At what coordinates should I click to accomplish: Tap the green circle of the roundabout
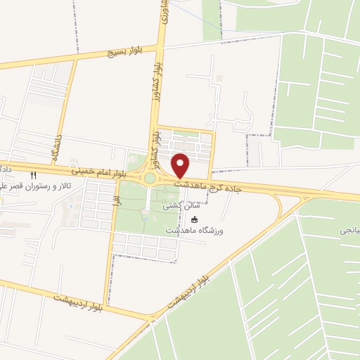pyautogui.click(x=149, y=179)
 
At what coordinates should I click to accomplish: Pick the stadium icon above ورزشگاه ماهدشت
pyautogui.click(x=194, y=219)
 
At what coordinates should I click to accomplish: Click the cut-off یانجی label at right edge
pyautogui.click(x=349, y=230)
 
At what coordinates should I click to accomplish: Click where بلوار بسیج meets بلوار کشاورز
pyautogui.click(x=159, y=48)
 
